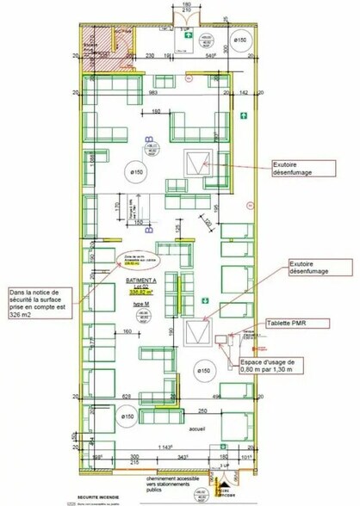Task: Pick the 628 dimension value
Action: [127, 397]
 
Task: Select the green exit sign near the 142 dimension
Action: [245, 113]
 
